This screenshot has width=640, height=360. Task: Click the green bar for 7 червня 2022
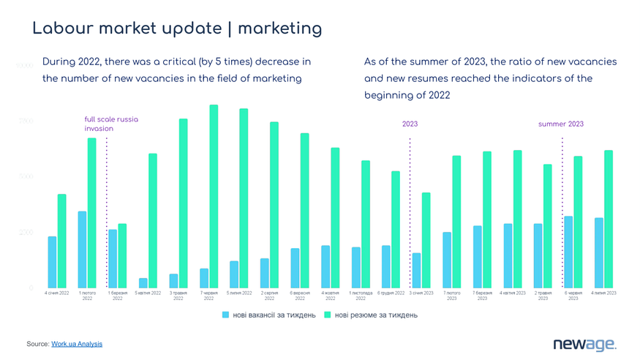(x=214, y=196)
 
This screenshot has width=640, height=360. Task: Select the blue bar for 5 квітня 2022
(x=143, y=282)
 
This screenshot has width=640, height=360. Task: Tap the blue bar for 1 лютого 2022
(x=83, y=250)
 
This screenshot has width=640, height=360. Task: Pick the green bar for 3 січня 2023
(x=426, y=240)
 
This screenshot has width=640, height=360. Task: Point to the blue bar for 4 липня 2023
(x=599, y=252)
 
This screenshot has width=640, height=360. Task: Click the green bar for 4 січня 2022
(x=62, y=241)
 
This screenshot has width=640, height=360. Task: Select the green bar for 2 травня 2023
(x=547, y=225)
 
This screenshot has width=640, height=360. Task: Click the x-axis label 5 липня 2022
(x=239, y=293)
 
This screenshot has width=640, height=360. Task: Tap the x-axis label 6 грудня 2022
(x=391, y=293)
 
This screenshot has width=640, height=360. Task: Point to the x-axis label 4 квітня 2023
(x=513, y=293)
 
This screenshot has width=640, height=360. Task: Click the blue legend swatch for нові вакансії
(x=226, y=315)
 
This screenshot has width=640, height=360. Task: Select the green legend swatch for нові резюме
(x=328, y=315)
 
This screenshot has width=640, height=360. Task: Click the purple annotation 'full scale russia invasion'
(x=110, y=124)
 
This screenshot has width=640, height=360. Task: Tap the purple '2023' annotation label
(x=410, y=124)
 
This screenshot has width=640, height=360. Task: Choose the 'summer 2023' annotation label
(x=561, y=124)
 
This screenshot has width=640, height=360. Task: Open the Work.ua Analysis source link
(x=77, y=344)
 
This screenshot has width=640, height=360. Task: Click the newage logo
(x=584, y=344)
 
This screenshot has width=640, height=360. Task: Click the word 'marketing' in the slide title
(x=279, y=29)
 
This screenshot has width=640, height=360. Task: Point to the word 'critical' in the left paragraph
(x=165, y=61)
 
